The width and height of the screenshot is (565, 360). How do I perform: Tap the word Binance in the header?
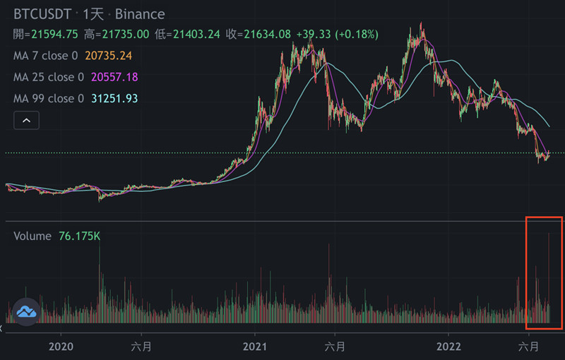(141, 14)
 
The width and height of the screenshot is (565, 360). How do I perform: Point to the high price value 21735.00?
(126, 34)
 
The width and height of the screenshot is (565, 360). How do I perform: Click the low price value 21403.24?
(197, 34)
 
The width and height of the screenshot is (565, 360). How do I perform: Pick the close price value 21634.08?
(268, 34)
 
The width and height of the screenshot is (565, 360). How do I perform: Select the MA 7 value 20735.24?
(109, 55)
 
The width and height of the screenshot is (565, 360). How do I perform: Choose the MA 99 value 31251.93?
(114, 98)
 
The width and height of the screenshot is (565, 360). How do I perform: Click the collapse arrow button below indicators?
(27, 121)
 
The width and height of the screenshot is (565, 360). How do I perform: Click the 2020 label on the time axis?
(61, 347)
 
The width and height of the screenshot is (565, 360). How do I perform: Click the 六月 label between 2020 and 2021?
(141, 347)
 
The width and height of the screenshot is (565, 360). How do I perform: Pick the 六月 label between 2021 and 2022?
(335, 347)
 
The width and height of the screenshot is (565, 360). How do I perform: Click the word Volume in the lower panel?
(32, 236)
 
